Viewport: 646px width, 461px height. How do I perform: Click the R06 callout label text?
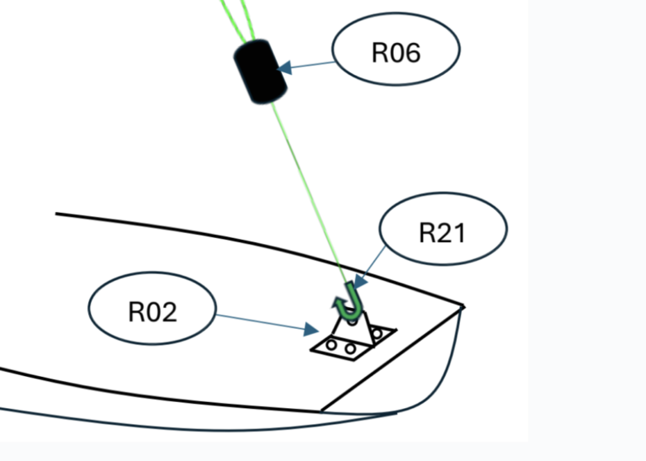[x=396, y=52]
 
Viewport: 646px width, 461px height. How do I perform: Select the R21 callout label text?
[x=442, y=233]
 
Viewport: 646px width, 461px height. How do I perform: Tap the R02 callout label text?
[x=152, y=311]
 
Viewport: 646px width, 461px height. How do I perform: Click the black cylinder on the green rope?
[x=261, y=72]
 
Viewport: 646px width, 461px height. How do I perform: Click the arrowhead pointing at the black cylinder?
[x=284, y=67]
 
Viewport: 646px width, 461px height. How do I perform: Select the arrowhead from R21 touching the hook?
[x=360, y=281]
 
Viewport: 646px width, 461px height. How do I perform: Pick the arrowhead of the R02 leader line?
[x=311, y=329]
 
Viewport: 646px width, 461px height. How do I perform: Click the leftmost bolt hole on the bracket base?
[x=331, y=345]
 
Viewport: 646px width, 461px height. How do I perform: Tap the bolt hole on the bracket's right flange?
[x=377, y=333]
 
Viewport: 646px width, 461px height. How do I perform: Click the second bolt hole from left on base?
[x=350, y=349]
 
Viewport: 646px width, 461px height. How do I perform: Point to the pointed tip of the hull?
[x=464, y=306]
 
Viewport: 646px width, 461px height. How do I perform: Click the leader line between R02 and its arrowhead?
[x=261, y=322]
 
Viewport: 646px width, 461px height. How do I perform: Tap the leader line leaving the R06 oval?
[x=313, y=65]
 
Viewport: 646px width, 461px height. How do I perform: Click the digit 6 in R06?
[x=412, y=53]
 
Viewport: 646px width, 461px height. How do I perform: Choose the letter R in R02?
[x=136, y=311]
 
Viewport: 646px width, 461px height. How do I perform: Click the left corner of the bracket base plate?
[x=311, y=350]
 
